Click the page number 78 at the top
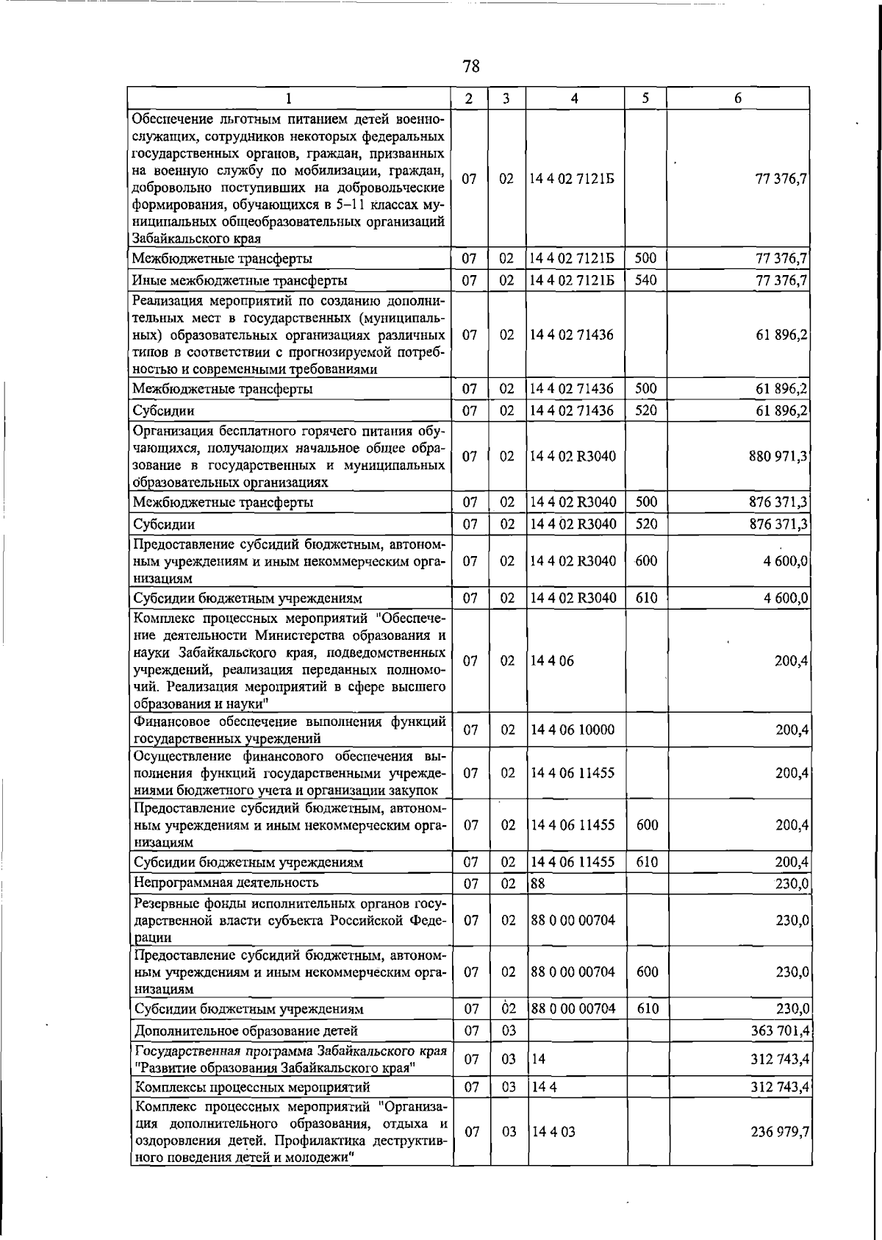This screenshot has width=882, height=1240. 471,67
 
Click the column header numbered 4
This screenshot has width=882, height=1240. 575,99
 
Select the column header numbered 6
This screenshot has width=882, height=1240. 737,99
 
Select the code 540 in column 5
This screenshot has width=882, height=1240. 645,280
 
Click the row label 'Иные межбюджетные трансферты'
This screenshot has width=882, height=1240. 240,281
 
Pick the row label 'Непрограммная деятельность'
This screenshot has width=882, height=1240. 226,883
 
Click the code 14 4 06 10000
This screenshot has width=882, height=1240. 573,730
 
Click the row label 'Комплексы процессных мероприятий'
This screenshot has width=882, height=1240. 251,1087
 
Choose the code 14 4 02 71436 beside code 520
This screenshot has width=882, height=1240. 573,410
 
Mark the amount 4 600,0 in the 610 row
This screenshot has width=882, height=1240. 786,598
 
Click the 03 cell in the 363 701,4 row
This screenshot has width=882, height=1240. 509,1030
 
